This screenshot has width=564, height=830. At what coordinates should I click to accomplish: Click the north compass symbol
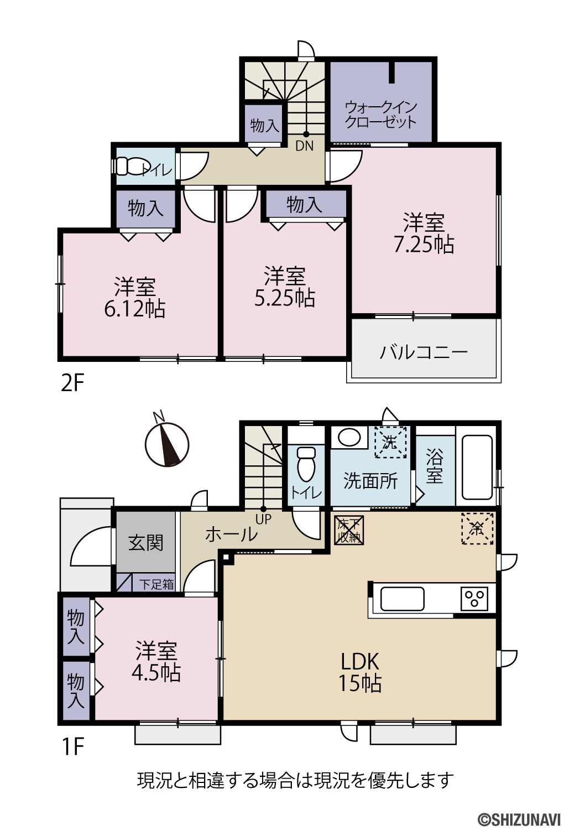[x=166, y=444]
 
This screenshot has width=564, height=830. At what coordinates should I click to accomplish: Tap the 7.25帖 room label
[x=424, y=233]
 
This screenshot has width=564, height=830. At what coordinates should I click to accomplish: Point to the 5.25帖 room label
[x=285, y=287]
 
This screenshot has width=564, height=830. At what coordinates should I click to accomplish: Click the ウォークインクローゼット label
[x=381, y=115]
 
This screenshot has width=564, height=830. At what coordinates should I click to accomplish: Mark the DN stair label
[x=305, y=146]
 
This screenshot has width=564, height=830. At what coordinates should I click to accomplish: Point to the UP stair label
[x=264, y=520]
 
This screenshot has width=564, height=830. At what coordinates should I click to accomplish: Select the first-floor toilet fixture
[x=306, y=466]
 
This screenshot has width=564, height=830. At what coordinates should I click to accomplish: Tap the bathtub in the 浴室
[x=477, y=467]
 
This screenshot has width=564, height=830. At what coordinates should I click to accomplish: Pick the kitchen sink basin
[x=403, y=599]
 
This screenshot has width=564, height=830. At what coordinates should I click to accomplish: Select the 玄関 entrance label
[x=146, y=543]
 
